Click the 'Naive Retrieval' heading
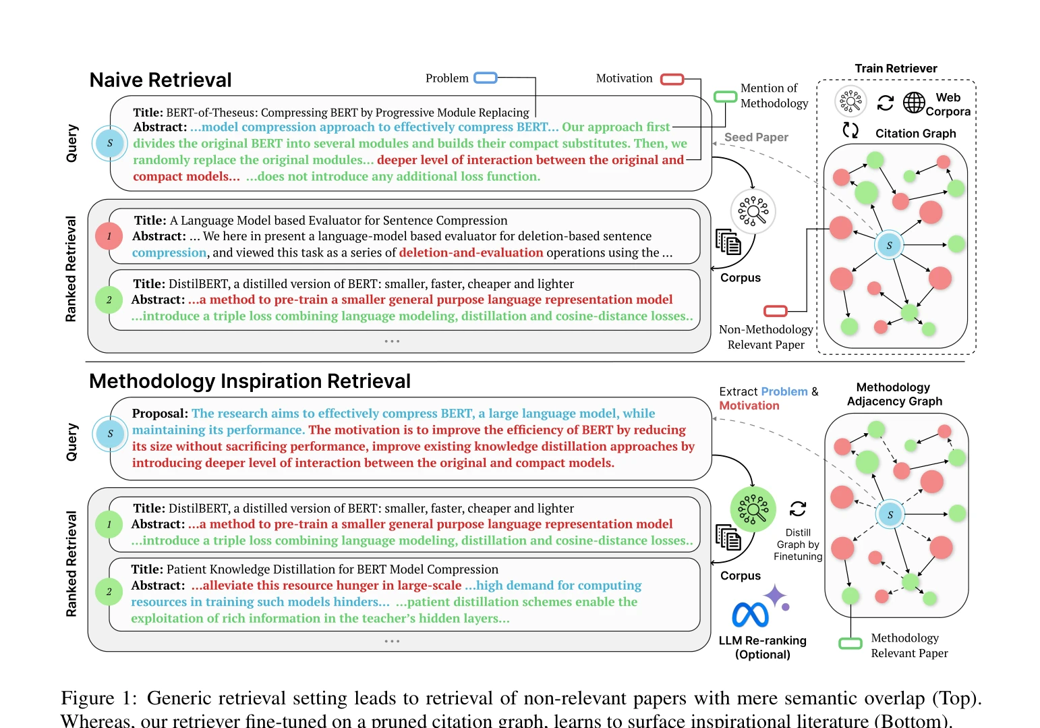(160, 80)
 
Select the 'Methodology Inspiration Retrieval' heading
(250, 381)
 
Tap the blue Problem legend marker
(486, 78)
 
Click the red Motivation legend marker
(672, 80)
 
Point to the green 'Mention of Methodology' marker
(725, 96)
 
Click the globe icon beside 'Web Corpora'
(914, 102)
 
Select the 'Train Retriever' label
(896, 68)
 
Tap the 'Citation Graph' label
(916, 134)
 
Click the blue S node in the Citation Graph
(889, 245)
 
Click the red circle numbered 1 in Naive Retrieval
(109, 236)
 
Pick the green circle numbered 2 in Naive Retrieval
(109, 300)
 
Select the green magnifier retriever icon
(753, 509)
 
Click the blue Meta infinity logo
(750, 615)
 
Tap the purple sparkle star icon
(775, 596)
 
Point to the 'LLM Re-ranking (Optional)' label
(762, 647)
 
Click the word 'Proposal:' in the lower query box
(160, 414)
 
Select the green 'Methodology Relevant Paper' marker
(850, 644)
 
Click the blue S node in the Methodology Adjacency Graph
(890, 515)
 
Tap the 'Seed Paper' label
(756, 137)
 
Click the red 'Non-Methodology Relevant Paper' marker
(776, 310)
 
